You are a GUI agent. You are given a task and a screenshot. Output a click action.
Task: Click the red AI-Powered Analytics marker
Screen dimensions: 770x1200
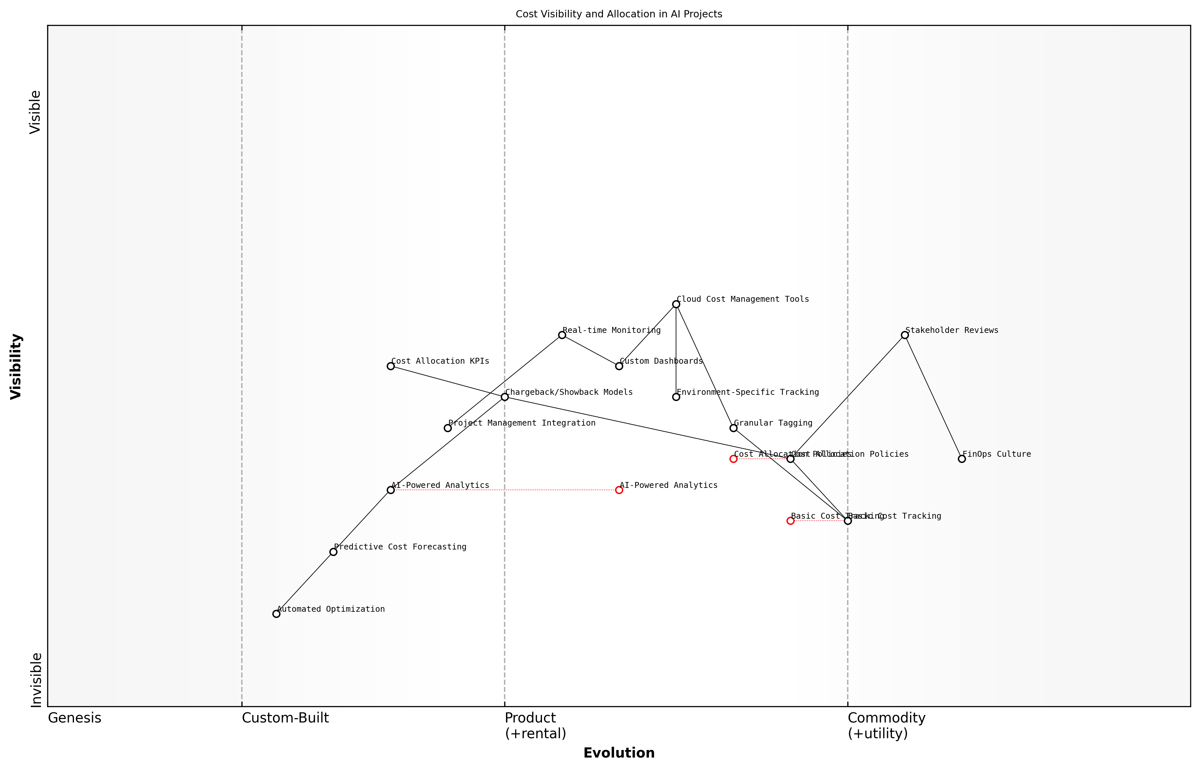[x=619, y=490]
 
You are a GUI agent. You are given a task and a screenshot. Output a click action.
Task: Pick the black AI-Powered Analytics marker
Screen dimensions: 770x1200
[x=391, y=490]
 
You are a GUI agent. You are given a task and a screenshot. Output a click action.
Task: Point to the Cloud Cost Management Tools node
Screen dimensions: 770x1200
[x=676, y=304]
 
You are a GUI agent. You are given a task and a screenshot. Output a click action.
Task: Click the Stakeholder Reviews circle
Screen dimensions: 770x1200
[x=904, y=335]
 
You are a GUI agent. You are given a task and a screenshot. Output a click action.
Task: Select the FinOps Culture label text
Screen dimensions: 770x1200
[x=997, y=454]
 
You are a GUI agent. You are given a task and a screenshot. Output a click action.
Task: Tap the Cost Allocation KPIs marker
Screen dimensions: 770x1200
[x=391, y=366]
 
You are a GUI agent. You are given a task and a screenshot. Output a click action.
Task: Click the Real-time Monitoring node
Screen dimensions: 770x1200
[x=562, y=335]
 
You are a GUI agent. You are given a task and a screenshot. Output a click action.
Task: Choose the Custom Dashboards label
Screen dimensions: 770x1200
[x=661, y=361]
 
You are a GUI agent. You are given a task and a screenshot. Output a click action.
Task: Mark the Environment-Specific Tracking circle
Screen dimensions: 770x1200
[x=676, y=397]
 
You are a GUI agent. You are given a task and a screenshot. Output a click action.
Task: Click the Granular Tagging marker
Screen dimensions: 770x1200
[x=733, y=428]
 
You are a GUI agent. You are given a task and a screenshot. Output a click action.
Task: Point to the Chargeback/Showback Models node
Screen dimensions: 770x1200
[x=505, y=397]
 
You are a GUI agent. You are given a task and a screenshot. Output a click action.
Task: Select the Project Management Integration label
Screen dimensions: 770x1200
[x=521, y=423]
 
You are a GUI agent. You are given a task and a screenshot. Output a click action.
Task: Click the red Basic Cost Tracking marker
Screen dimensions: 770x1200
[x=790, y=521]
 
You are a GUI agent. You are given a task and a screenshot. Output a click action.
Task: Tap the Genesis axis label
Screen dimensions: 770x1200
[x=74, y=718]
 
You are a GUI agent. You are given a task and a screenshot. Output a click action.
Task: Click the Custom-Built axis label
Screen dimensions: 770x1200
[x=285, y=718]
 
